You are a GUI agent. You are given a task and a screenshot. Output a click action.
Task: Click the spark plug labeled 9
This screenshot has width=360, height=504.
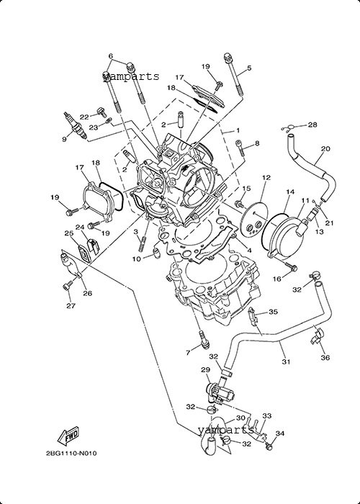tap(76, 126)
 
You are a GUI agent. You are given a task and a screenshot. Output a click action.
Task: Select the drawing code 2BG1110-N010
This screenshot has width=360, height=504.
tap(71, 454)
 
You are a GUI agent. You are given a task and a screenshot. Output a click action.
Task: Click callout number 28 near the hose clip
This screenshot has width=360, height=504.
tap(312, 125)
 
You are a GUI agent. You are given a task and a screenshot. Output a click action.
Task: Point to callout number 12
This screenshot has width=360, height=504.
tap(266, 177)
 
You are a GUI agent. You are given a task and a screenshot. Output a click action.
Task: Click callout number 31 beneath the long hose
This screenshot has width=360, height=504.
tap(286, 362)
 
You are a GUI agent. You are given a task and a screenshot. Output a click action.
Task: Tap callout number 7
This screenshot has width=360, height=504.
tap(188, 353)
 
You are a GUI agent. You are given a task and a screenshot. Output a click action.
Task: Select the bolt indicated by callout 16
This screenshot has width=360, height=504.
tap(292, 266)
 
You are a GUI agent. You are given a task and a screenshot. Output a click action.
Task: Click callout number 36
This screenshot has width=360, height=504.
tap(325, 357)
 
